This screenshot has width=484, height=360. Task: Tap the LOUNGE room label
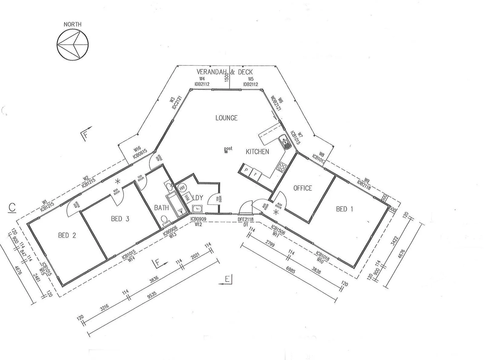(x=226, y=118)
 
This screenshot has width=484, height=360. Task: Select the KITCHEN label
(x=257, y=152)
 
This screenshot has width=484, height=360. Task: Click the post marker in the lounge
(x=227, y=151)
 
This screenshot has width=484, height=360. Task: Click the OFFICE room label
(x=303, y=188)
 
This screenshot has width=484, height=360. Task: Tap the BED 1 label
(x=344, y=209)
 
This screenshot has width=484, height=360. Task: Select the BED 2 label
(x=67, y=236)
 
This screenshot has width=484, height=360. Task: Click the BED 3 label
(x=120, y=219)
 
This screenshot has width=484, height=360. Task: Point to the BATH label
(x=161, y=208)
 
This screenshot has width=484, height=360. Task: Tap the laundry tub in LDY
(x=197, y=209)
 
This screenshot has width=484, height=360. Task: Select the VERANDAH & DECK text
(x=224, y=72)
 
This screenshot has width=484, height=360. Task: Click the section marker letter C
(x=12, y=207)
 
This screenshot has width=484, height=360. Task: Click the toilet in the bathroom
(x=164, y=220)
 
